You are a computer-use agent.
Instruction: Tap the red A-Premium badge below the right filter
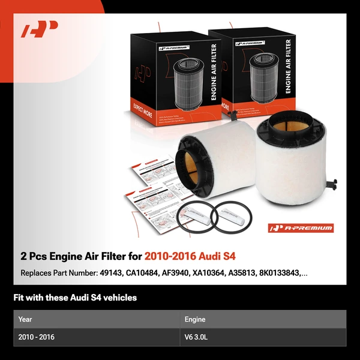tap(301, 228)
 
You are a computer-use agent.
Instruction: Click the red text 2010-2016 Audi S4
tap(186, 257)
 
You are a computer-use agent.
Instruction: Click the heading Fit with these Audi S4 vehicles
tap(75, 298)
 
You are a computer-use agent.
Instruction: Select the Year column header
tap(25, 319)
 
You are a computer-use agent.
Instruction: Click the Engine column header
tap(195, 319)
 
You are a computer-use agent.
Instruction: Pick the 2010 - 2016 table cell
tap(37, 337)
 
